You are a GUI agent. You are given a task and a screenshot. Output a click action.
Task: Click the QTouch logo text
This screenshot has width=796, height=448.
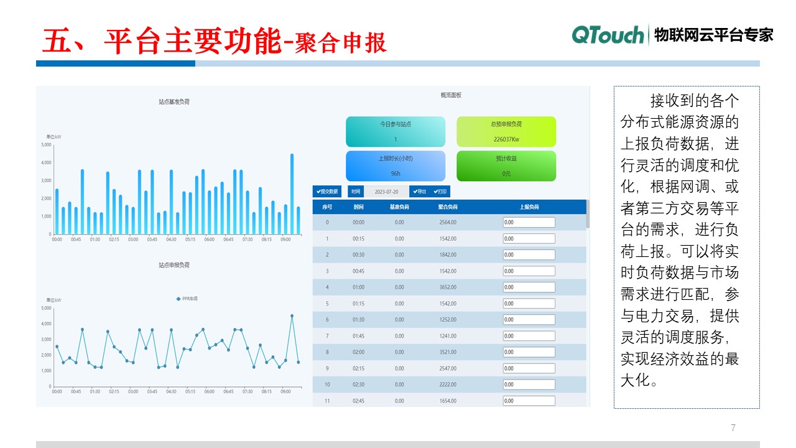click(608, 35)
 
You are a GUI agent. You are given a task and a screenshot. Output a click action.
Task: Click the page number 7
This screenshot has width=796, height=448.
click(733, 428)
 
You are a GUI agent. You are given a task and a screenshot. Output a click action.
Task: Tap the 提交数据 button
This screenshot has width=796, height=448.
click(327, 192)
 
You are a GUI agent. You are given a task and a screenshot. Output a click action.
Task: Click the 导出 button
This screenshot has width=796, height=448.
click(420, 192)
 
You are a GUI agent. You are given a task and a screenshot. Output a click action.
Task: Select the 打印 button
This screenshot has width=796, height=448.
click(440, 192)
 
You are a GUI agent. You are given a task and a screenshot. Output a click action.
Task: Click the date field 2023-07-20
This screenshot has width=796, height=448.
click(386, 192)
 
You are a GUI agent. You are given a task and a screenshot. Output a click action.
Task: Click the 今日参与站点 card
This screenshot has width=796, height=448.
click(396, 131)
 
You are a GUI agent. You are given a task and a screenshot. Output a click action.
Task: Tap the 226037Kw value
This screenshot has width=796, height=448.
click(506, 139)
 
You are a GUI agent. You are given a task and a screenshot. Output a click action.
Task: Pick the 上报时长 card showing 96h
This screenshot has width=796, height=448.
click(396, 166)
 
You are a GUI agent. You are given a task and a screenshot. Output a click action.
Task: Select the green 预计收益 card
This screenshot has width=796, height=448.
click(506, 166)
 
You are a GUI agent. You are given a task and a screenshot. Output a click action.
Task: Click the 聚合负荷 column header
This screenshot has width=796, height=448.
click(448, 207)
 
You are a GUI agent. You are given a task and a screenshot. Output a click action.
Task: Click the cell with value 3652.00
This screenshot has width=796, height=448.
click(448, 287)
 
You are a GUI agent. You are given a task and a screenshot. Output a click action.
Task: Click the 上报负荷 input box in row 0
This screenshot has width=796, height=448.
click(529, 222)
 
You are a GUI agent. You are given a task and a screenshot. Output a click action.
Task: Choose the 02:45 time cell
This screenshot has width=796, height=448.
click(359, 401)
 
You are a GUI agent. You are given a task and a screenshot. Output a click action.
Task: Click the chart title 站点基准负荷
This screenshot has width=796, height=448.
click(174, 101)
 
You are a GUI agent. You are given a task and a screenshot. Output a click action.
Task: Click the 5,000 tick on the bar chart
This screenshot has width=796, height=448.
click(47, 145)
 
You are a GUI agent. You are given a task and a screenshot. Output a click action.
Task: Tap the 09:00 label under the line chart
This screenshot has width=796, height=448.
click(285, 392)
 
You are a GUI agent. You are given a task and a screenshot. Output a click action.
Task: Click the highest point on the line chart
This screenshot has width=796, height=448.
click(292, 316)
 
